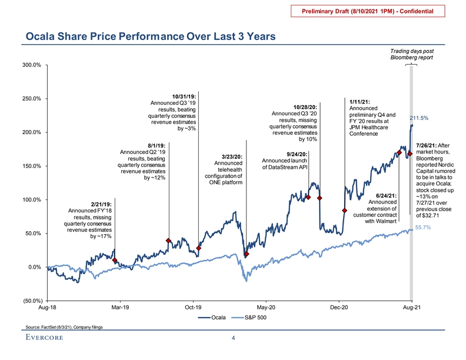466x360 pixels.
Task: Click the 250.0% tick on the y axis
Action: [x=31, y=98]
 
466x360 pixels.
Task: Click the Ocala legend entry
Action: [x=215, y=318]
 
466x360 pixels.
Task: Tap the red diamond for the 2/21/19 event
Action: [x=115, y=260]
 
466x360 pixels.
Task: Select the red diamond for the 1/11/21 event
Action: [x=344, y=211]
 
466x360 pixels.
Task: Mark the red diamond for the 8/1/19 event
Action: [x=169, y=241]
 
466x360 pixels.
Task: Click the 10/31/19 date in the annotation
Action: [x=184, y=96]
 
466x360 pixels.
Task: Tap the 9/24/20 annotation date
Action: [x=297, y=154]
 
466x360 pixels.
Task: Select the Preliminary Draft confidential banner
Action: [x=372, y=11]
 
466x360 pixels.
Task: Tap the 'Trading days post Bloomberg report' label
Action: [x=412, y=54]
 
